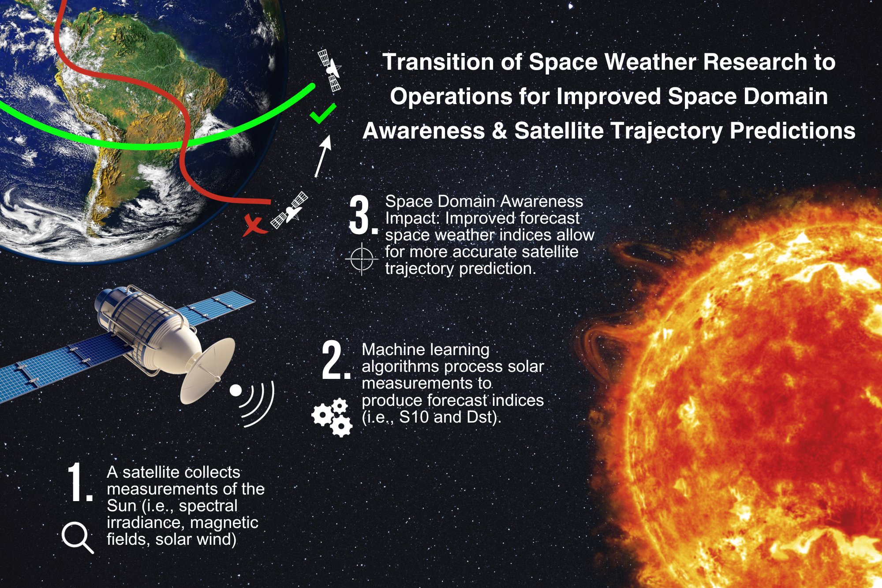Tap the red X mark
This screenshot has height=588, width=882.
tap(254, 225)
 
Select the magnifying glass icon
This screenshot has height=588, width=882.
tap(77, 537)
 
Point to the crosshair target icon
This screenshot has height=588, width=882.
tap(362, 259)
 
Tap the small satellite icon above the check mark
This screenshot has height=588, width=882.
tap(330, 71)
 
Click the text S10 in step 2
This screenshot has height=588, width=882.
tap(413, 417)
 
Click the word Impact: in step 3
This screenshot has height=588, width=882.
tap(413, 218)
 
